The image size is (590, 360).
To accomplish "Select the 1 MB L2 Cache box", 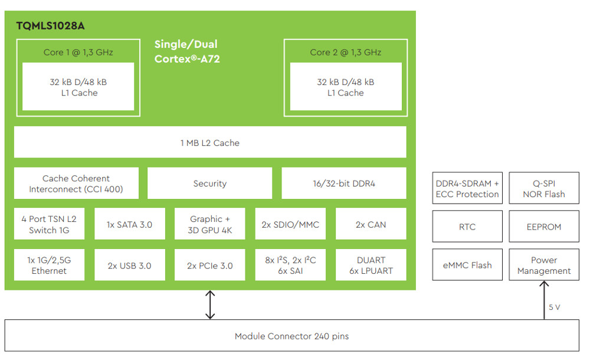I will click(209, 142).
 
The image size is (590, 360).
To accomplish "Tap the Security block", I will click(209, 184).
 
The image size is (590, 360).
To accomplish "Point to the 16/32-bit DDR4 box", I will click(343, 184).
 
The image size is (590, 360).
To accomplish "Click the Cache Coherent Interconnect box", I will click(76, 184).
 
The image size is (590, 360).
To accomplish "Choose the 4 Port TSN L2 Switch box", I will click(49, 224).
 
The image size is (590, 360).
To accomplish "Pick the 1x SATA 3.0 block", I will click(129, 224).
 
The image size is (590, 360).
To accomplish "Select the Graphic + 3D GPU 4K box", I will click(209, 224).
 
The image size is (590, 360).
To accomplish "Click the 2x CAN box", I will click(371, 224).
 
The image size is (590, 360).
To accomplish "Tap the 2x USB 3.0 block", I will click(129, 266).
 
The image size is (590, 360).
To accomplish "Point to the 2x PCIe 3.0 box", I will click(209, 266).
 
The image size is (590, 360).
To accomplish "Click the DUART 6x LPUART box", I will click(371, 266).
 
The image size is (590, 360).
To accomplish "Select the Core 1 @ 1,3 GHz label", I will click(78, 52).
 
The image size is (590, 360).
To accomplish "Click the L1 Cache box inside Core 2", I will click(345, 87).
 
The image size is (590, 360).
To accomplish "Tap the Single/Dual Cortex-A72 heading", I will click(186, 51).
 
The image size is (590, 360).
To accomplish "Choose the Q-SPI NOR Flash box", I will click(543, 188).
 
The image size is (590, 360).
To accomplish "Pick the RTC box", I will click(467, 227).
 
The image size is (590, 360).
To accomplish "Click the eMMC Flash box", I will click(467, 265).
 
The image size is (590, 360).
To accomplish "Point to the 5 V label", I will click(555, 307).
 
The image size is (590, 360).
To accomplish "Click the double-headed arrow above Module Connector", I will click(209, 305).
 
